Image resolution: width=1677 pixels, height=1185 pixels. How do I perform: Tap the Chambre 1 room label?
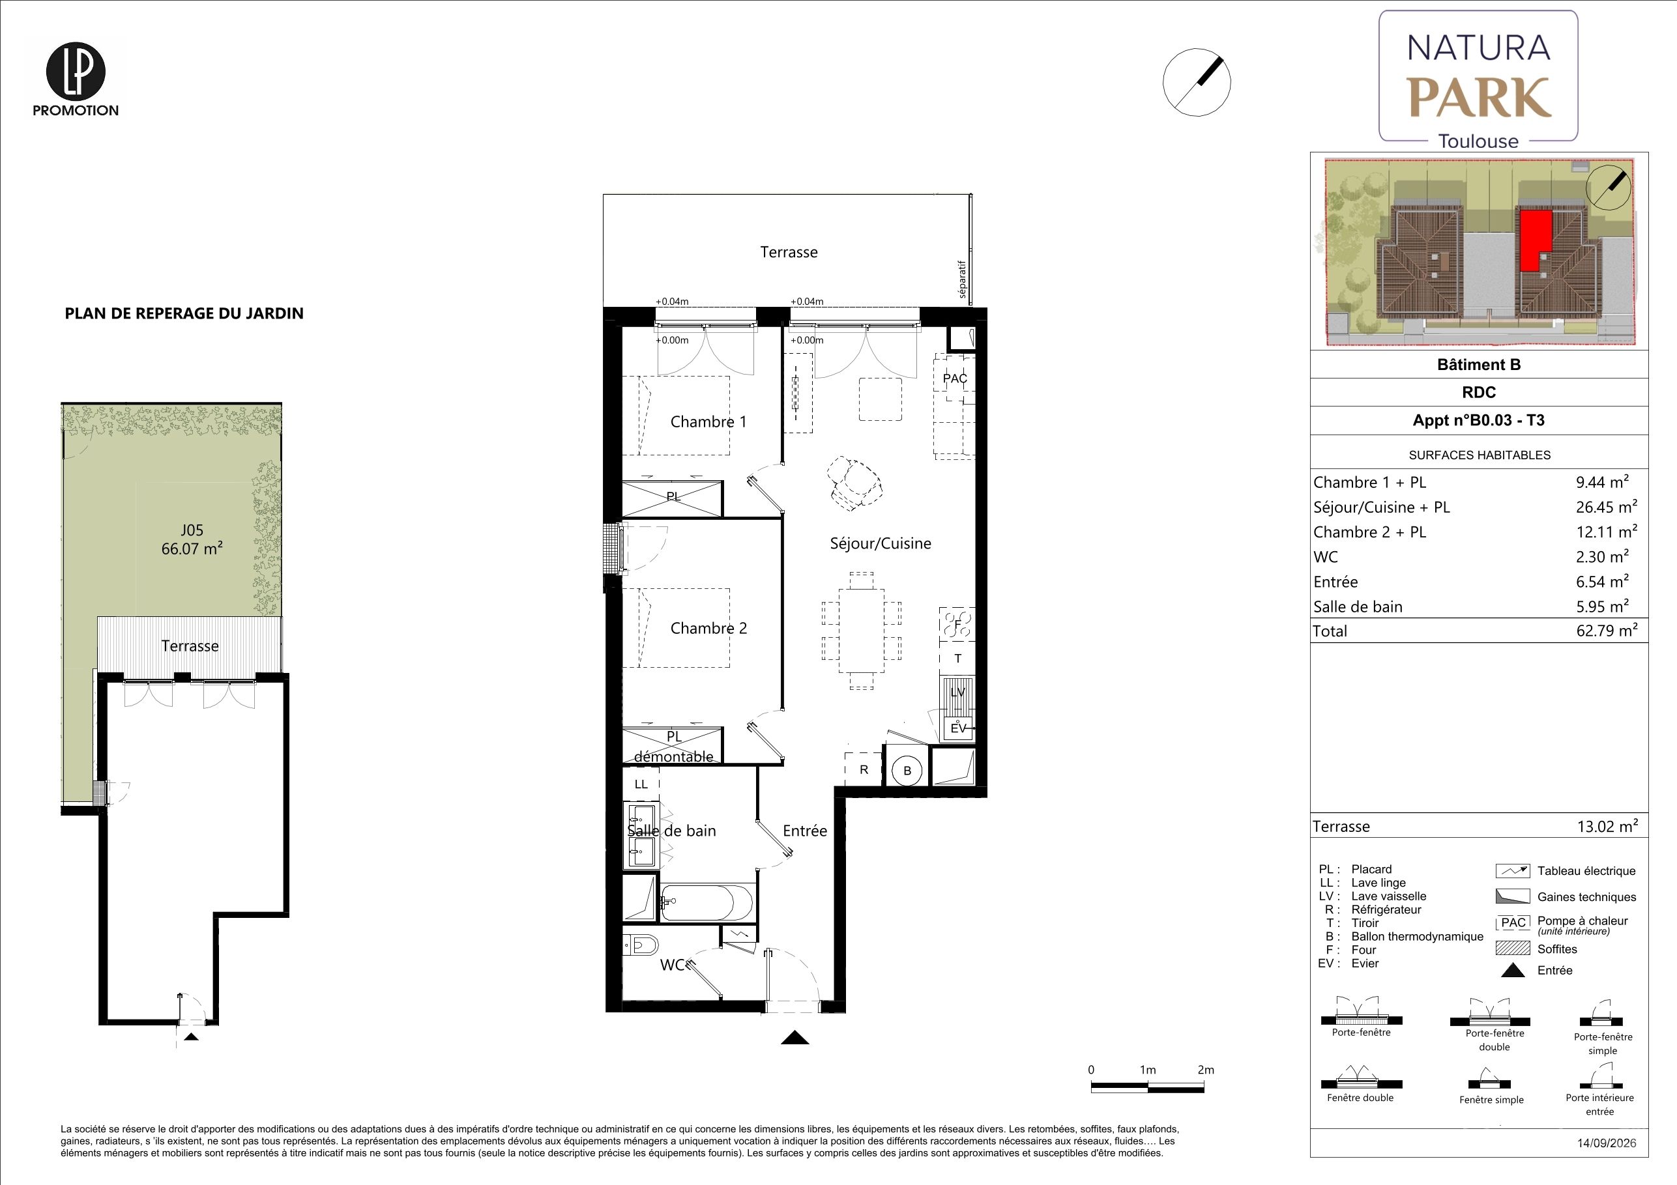(708, 422)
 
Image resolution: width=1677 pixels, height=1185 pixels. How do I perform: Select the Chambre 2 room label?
(708, 629)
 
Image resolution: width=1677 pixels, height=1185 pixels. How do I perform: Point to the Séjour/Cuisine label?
(880, 544)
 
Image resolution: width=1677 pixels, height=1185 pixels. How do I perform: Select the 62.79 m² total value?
(1607, 631)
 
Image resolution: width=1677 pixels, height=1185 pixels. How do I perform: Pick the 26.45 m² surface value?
(1607, 507)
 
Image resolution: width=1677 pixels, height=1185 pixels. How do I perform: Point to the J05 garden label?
(192, 531)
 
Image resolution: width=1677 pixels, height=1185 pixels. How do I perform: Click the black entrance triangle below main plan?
(795, 1038)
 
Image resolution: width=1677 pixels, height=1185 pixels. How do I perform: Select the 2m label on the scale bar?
(1206, 1070)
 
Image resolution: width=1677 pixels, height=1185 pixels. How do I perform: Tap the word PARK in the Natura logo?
(1479, 98)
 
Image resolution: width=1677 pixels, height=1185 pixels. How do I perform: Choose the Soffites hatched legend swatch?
(1513, 949)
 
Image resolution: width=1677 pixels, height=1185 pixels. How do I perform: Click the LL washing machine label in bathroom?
(641, 785)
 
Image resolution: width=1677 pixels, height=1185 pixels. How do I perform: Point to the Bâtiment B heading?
(1479, 365)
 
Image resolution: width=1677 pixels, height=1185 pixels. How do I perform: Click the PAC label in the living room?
(955, 379)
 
